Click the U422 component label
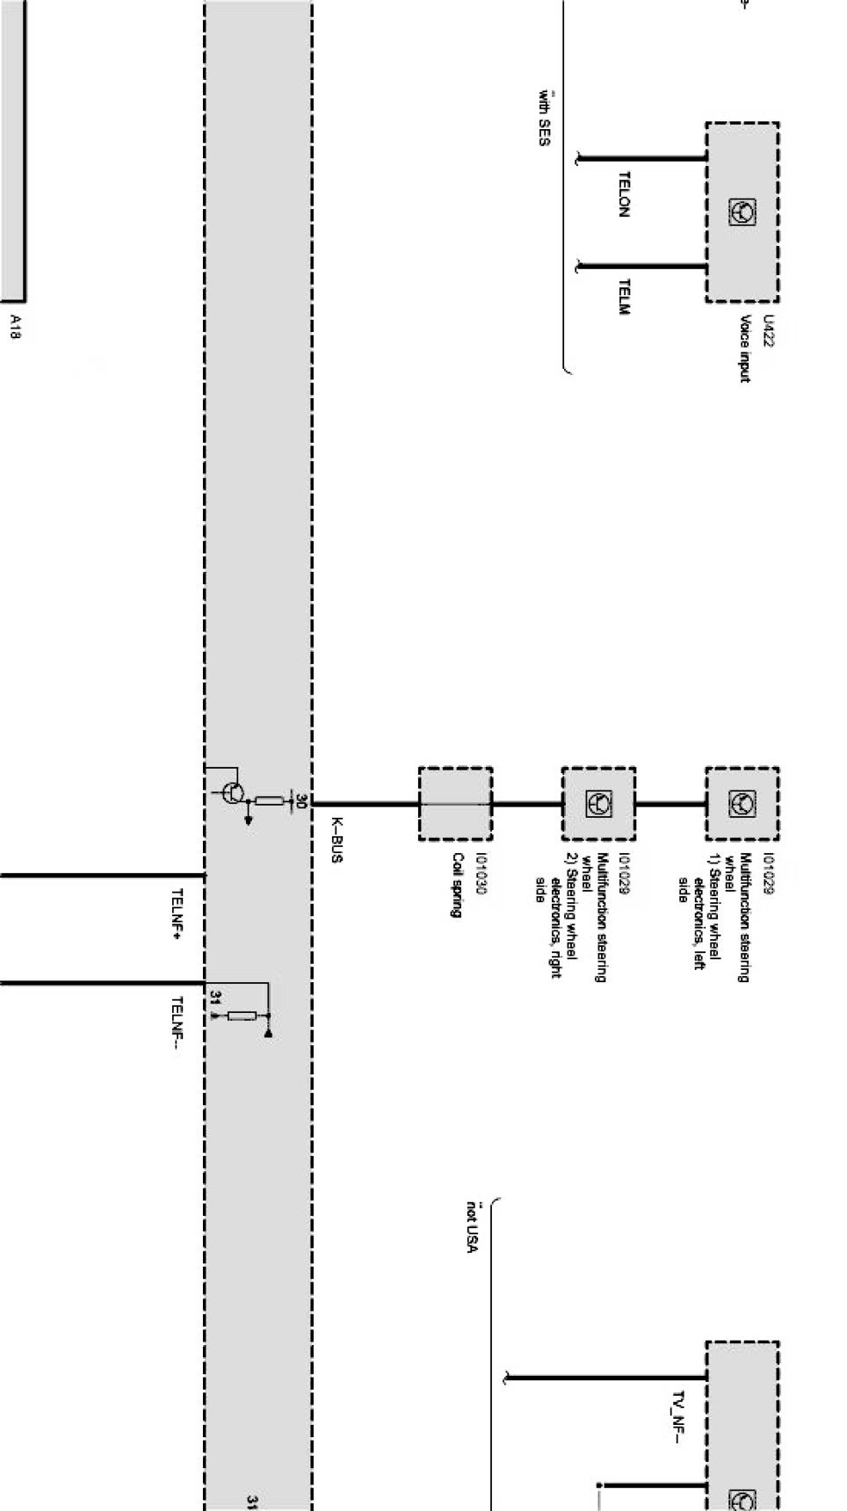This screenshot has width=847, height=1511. click(x=769, y=331)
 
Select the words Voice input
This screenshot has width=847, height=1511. click(x=745, y=349)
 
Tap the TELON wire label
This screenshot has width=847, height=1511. click(x=625, y=194)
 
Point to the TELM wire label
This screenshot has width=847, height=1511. click(x=625, y=297)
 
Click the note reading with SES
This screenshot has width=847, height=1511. click(x=545, y=118)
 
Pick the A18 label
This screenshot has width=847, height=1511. click(x=16, y=325)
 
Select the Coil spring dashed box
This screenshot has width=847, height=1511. click(x=455, y=804)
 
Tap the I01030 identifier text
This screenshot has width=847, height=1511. click(x=481, y=874)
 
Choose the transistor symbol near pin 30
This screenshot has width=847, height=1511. click(x=233, y=792)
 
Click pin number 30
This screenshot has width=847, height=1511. click(x=301, y=801)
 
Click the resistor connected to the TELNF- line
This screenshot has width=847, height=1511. click(x=242, y=1016)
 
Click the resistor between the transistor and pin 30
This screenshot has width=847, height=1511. click(x=268, y=801)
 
